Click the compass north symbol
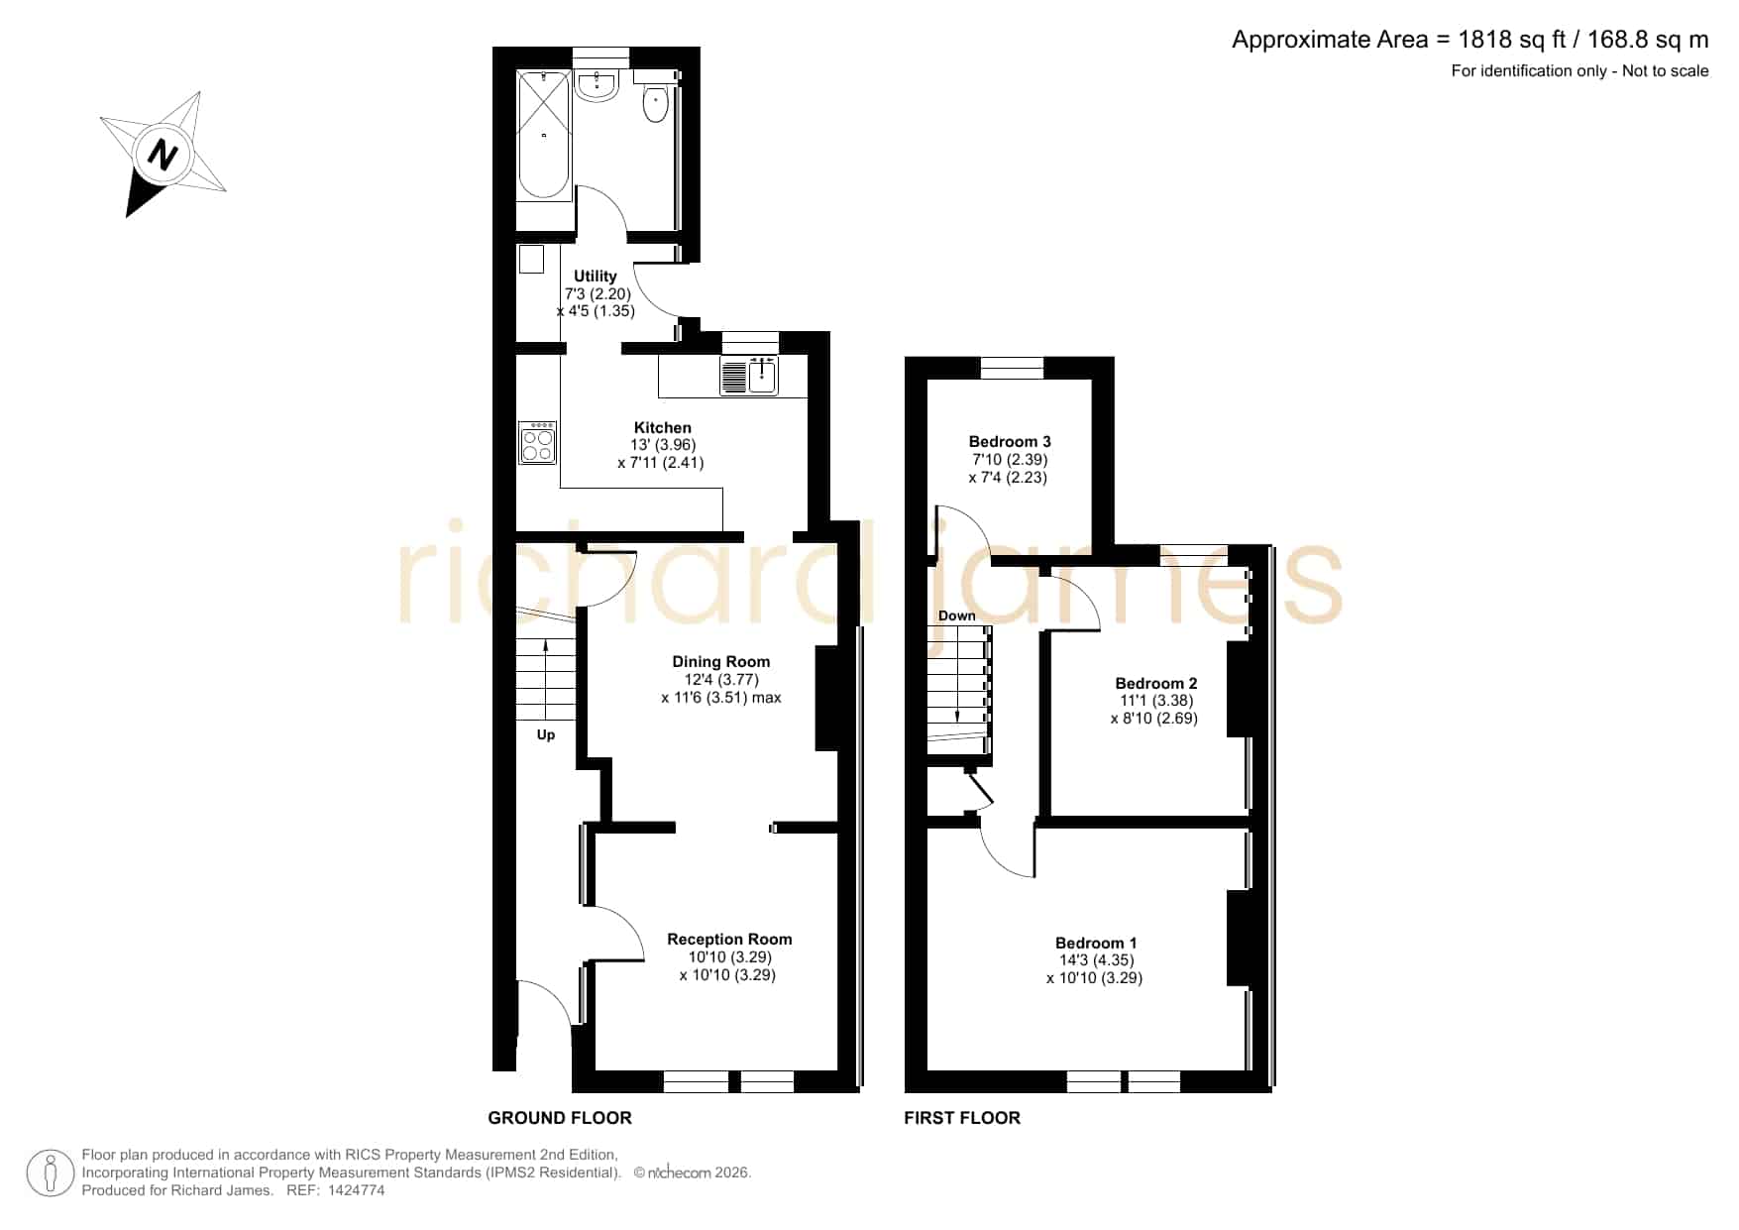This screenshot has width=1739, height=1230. (163, 155)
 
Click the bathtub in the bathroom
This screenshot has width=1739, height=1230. (544, 135)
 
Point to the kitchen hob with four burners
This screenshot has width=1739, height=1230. (538, 443)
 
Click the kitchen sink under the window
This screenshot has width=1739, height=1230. (750, 375)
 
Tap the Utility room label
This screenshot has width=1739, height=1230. (596, 277)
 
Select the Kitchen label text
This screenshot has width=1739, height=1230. (663, 428)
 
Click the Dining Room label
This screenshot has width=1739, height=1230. (721, 662)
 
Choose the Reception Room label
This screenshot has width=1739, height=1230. (729, 940)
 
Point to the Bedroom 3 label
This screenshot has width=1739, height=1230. (1010, 442)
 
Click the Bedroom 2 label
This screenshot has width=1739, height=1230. (1156, 683)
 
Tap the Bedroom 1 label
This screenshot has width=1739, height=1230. (1096, 944)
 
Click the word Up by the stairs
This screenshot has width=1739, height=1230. (546, 735)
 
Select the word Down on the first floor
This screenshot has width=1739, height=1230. (957, 615)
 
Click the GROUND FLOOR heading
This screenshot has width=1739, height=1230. (560, 1118)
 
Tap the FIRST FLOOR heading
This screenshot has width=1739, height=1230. (962, 1118)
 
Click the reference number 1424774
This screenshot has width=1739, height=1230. (356, 1190)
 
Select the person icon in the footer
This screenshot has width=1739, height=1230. (50, 1174)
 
